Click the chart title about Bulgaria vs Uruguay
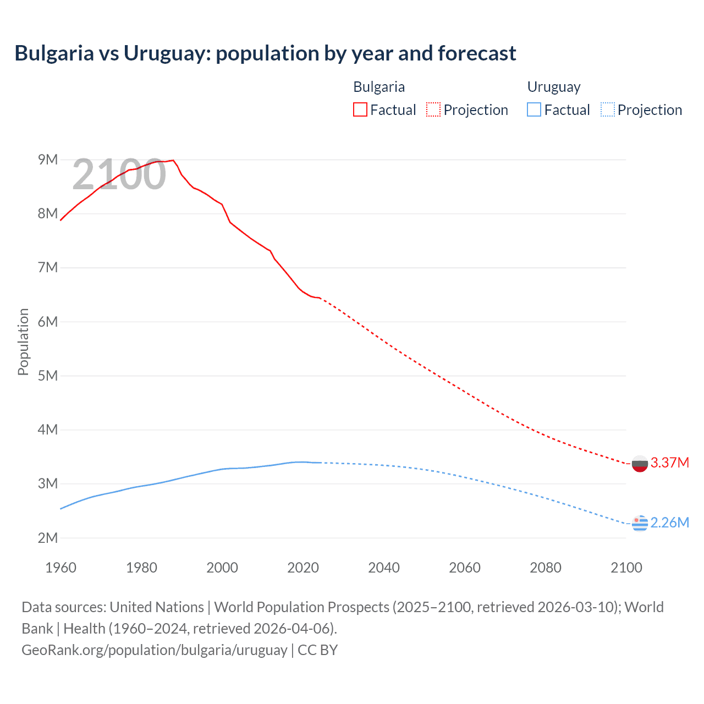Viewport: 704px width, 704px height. pos(265,53)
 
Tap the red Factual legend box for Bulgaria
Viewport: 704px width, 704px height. pos(360,109)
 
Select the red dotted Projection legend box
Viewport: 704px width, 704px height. pos(433,109)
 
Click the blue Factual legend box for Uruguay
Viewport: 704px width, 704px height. pos(534,109)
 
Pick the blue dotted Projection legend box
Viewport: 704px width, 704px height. pos(608,109)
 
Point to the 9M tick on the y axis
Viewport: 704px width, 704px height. pos(48,159)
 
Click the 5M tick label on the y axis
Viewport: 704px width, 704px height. pos(48,376)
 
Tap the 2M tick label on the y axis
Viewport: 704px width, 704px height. pos(48,538)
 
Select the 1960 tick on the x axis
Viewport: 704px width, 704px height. pos(61,568)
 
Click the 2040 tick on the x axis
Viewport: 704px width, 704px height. pos(384,568)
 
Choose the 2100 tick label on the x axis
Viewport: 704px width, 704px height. pos(626,568)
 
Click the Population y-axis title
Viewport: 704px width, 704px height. pos(23,342)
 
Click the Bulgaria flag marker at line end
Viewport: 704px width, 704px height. pos(640,463)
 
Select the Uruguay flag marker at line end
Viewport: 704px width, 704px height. pos(640,523)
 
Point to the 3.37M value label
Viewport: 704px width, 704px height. pos(669,463)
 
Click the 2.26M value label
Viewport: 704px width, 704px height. pos(669,522)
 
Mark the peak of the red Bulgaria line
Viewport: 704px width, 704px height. pos(173,160)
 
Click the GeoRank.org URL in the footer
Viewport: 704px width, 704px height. pos(154,650)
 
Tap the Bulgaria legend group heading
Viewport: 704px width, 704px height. pos(379,87)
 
